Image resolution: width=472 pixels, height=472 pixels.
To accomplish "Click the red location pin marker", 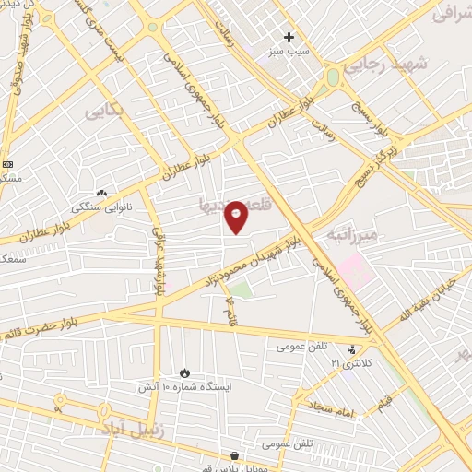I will [236, 216].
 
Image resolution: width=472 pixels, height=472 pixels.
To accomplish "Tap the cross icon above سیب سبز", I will [289, 38].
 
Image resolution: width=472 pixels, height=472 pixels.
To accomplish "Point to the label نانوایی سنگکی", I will [102, 207].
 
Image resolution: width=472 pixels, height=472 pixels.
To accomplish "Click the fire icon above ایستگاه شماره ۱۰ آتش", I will [185, 372].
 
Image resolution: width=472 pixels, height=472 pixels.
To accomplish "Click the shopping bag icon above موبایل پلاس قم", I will [235, 455].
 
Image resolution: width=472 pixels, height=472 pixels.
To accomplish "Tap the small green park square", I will [241, 290].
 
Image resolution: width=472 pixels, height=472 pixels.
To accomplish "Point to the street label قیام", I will [383, 402].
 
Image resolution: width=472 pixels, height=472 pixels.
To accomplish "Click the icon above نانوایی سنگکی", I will [101, 195].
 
